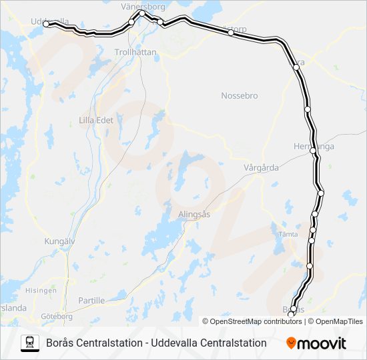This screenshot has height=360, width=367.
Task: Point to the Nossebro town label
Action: point(239,96)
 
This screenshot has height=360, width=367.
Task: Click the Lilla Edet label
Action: point(96,120)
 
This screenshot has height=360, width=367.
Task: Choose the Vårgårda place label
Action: point(261,168)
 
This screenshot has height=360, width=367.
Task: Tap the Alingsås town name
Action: point(194,214)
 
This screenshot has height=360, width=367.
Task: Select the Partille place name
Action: point(91,301)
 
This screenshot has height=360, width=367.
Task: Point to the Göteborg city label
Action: point(57,316)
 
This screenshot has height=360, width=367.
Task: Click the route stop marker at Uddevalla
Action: point(46,23)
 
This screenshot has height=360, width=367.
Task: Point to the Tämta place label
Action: point(288,234)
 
